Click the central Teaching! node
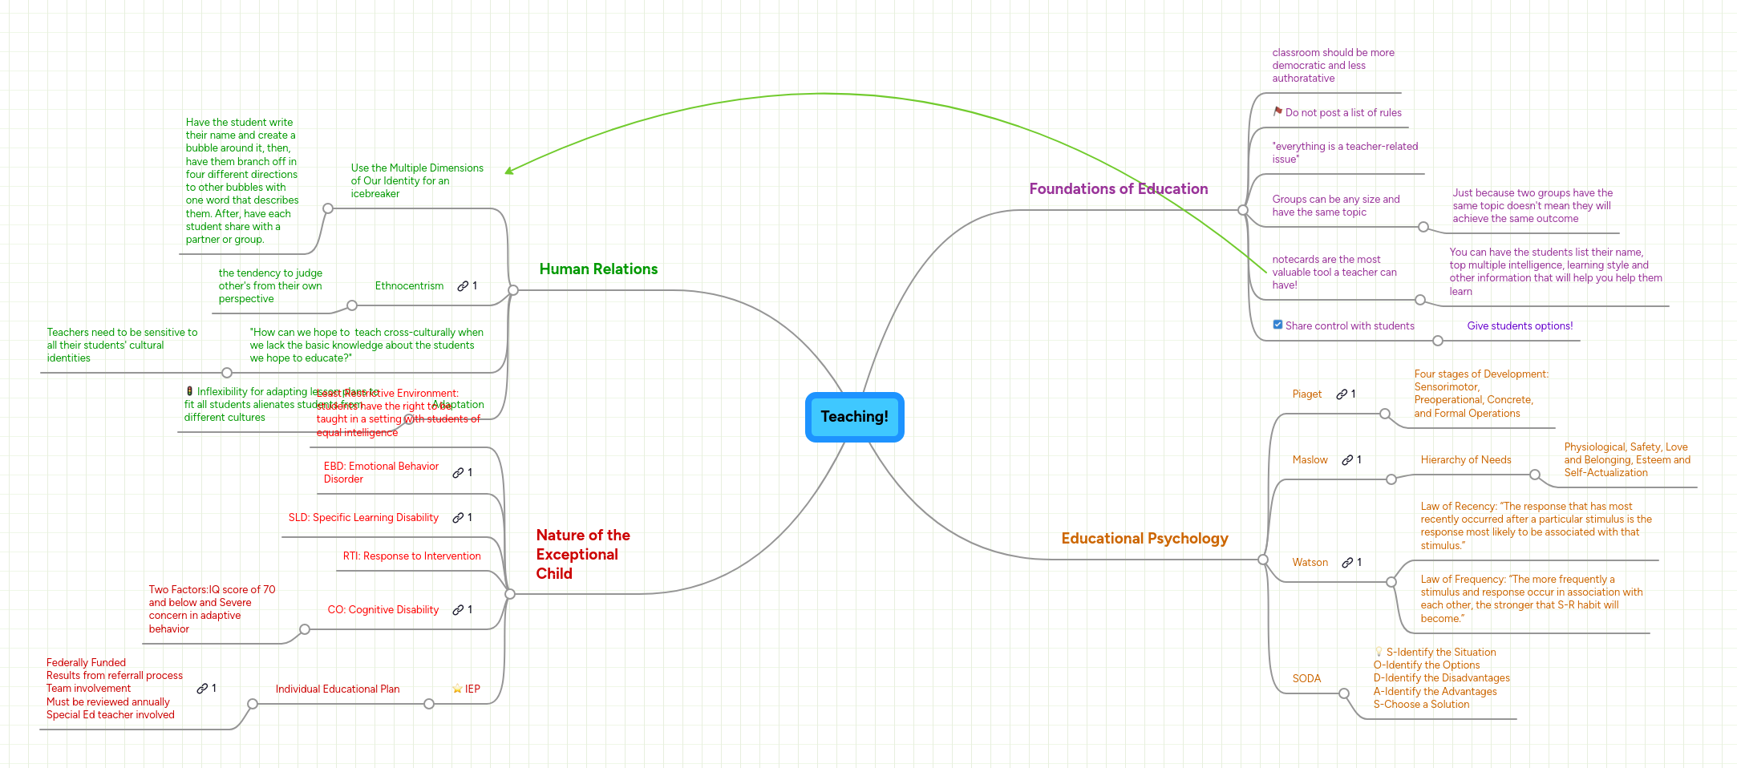point(854,417)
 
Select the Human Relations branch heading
point(598,269)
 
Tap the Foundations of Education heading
point(1118,189)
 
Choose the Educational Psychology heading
point(1144,539)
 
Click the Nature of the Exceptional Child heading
point(582,554)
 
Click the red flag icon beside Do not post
point(1277,112)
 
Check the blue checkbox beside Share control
point(1277,325)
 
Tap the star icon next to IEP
point(457,689)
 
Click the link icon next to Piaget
point(1341,394)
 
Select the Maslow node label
point(1310,460)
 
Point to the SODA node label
point(1306,679)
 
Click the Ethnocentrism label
point(409,286)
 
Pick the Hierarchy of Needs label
point(1465,460)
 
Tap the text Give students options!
point(1520,326)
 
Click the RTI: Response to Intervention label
point(411,556)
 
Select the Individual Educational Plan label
point(338,689)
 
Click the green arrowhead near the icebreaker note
point(508,171)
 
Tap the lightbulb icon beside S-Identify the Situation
point(1379,652)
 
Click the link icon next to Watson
point(1347,563)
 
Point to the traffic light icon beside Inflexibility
point(189,391)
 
